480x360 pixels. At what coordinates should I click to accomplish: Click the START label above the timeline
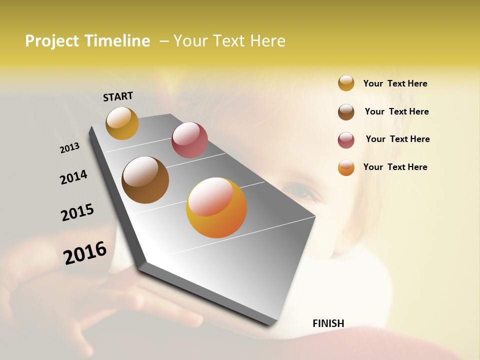[x=118, y=96]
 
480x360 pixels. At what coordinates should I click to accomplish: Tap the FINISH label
[x=328, y=323]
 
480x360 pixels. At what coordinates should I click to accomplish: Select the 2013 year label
[x=70, y=148]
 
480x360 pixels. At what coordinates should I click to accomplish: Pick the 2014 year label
[x=73, y=177]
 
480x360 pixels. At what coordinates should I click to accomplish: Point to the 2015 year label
[x=77, y=212]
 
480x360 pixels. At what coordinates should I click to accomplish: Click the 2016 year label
[x=85, y=252]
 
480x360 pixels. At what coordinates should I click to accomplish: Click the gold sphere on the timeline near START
[x=122, y=123]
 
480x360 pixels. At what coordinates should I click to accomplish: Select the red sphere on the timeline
[x=189, y=140]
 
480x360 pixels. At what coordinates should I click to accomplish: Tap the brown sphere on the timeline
[x=145, y=180]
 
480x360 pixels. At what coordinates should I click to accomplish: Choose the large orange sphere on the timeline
[x=216, y=207]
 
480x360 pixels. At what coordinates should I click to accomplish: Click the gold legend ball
[x=346, y=83]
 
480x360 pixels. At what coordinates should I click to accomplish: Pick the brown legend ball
[x=346, y=112]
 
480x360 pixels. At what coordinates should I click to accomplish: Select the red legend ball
[x=346, y=140]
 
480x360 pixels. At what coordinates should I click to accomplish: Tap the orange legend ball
[x=346, y=167]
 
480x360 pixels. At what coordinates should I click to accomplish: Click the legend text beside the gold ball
[x=395, y=83]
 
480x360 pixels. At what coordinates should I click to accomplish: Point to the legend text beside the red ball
[x=397, y=139]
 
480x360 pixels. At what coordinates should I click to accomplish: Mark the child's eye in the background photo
[x=299, y=190]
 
